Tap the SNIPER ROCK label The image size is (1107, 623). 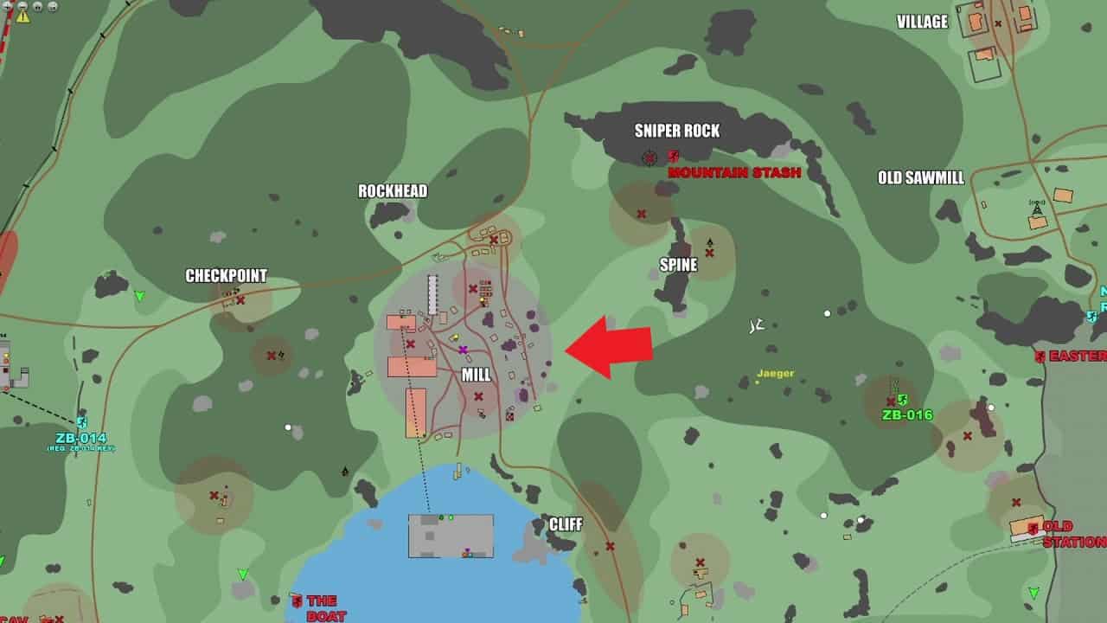click(677, 131)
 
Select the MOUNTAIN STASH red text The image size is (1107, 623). click(734, 172)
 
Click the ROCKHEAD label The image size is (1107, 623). click(393, 191)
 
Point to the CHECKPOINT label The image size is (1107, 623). click(227, 276)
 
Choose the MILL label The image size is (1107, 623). click(476, 376)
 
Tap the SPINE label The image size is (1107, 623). click(678, 266)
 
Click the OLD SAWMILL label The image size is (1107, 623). click(921, 178)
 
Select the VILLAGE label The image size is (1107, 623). click(922, 22)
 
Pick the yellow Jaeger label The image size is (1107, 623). click(776, 374)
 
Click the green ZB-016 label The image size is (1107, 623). click(907, 415)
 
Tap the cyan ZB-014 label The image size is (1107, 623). click(80, 438)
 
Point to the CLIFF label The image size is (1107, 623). click(566, 524)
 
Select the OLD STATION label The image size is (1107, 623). click(1072, 534)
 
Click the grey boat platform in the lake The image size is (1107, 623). click(451, 536)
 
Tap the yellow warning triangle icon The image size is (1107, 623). click(23, 16)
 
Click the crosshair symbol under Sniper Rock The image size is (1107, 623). click(650, 157)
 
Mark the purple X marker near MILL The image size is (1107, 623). click(464, 350)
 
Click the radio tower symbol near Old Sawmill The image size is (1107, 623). click(1036, 209)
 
